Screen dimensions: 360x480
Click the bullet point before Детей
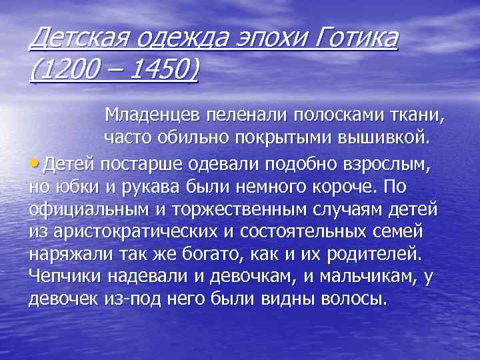[x=33, y=163]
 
